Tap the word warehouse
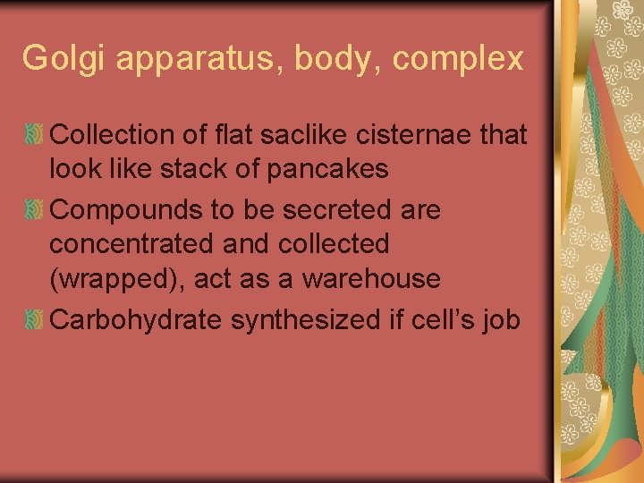371,278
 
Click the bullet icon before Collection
34,135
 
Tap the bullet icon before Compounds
34,210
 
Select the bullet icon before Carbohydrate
34,319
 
